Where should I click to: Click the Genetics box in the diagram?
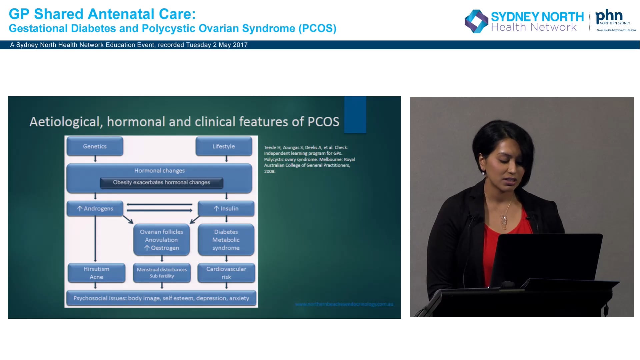point(95,146)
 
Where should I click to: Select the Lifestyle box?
point(224,146)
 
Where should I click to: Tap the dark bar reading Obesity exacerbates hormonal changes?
point(161,182)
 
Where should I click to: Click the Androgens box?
point(95,209)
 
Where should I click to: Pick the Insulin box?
point(226,209)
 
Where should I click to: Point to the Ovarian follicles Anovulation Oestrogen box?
point(162,240)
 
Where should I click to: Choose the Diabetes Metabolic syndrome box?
point(226,240)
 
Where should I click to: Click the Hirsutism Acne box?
point(96,273)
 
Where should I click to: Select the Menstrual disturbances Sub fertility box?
point(162,273)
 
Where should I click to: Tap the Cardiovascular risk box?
point(226,273)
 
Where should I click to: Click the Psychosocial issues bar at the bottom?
point(161,298)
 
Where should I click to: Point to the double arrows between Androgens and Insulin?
point(159,207)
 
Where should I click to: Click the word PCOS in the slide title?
point(323,122)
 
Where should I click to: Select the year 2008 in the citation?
point(269,171)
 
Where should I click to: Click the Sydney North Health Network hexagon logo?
point(476,21)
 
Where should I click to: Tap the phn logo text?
point(609,16)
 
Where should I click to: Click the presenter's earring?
point(483,173)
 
